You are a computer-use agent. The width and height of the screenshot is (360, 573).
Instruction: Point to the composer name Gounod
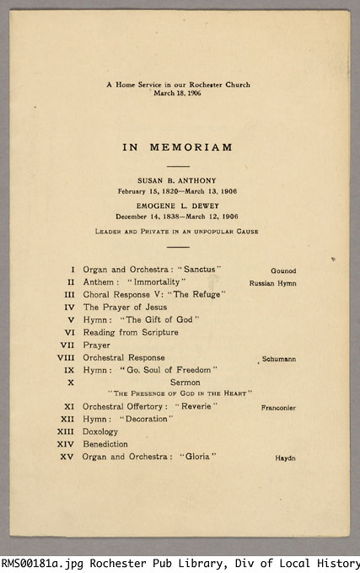282,270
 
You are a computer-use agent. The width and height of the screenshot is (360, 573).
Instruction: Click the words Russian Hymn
272,284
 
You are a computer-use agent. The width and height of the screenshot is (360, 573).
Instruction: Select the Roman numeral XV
68,457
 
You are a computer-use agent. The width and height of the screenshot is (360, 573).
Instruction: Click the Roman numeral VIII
67,357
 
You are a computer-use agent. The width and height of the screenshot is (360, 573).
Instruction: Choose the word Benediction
106,444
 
